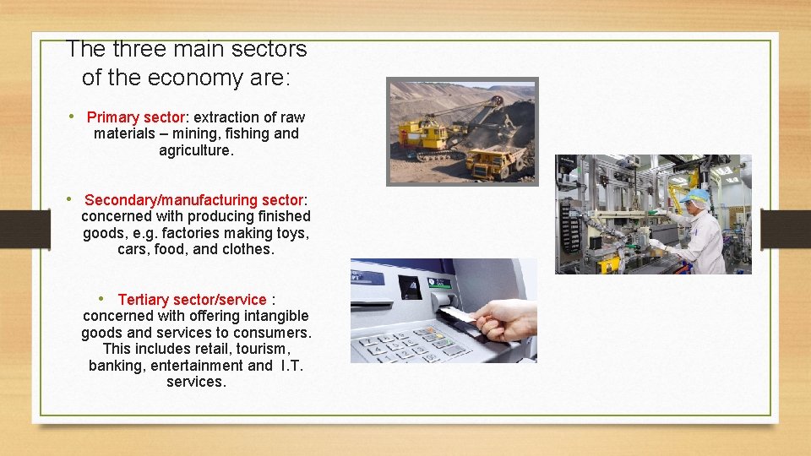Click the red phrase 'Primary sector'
(x=135, y=117)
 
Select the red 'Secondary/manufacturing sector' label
(x=193, y=200)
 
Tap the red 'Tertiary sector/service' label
(x=192, y=300)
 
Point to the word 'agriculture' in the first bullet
(x=194, y=150)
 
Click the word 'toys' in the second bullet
(x=293, y=233)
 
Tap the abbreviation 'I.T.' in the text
(x=291, y=366)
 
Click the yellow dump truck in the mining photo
(x=498, y=161)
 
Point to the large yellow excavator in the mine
(x=427, y=135)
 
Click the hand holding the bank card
(x=507, y=321)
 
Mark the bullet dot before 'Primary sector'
(x=73, y=117)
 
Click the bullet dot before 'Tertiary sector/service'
(x=101, y=298)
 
